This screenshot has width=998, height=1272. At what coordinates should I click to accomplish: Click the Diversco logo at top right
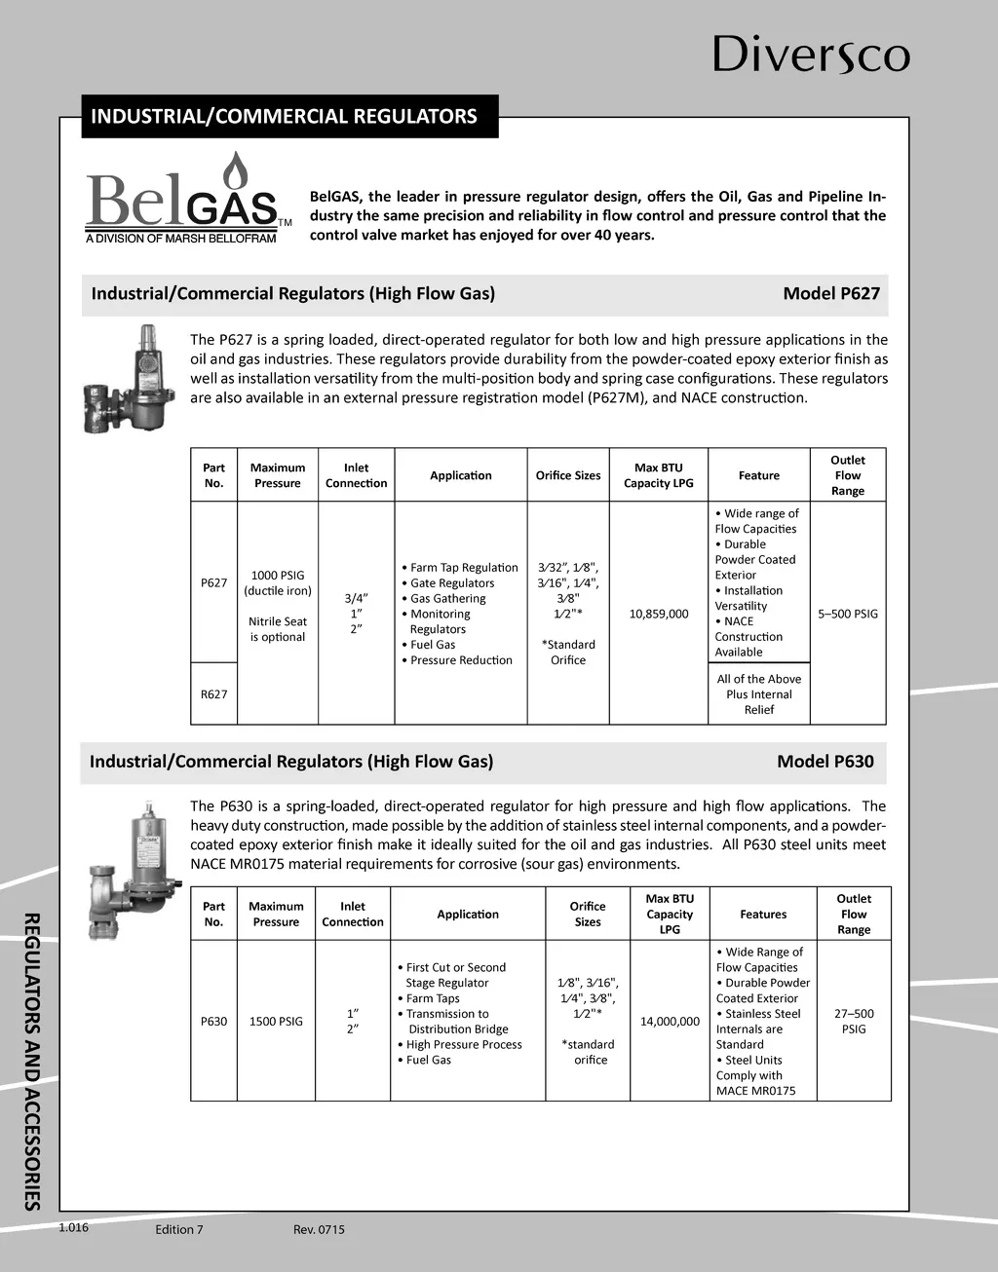pyautogui.click(x=811, y=55)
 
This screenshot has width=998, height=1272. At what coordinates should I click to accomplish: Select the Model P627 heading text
pyautogui.click(x=830, y=293)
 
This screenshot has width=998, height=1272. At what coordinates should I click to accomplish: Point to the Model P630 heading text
pyautogui.click(x=825, y=762)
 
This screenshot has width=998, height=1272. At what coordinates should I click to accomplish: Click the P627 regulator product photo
pyautogui.click(x=131, y=378)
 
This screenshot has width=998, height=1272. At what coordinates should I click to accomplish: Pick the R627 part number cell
pyautogui.click(x=213, y=694)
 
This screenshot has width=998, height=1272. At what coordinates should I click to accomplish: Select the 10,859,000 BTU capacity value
pyautogui.click(x=659, y=614)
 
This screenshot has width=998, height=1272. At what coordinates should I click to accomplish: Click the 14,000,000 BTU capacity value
pyautogui.click(x=670, y=1022)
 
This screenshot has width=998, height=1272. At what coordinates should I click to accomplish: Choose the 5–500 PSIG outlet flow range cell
pyautogui.click(x=847, y=614)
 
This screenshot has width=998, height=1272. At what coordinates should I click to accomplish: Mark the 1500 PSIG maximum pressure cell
pyautogui.click(x=276, y=1022)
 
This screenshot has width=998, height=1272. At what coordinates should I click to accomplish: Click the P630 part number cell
pyautogui.click(x=213, y=1022)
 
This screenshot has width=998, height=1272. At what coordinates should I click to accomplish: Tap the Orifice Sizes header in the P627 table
pyautogui.click(x=568, y=476)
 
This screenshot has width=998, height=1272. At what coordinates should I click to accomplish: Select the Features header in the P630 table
pyautogui.click(x=763, y=915)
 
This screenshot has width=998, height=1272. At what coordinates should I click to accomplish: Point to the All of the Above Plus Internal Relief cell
pyautogui.click(x=758, y=694)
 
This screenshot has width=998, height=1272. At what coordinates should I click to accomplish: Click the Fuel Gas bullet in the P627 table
pyautogui.click(x=433, y=645)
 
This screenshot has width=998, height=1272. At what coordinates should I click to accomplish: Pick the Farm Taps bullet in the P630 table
pyautogui.click(x=433, y=998)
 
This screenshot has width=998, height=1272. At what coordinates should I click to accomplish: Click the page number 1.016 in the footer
pyautogui.click(x=73, y=1227)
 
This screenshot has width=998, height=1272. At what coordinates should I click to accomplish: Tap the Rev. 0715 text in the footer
pyautogui.click(x=319, y=1229)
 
